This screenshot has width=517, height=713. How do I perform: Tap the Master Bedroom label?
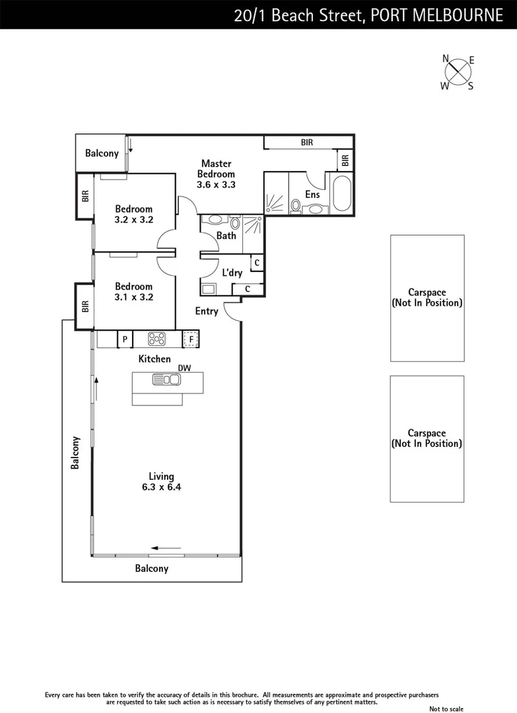click(216, 174)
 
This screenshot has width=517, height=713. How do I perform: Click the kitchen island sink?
click(166, 379)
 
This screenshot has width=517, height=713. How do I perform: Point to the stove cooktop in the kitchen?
click(157, 339)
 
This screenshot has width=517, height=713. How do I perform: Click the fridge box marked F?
click(191, 339)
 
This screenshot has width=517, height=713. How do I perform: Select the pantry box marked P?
click(124, 339)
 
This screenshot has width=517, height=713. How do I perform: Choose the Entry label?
click(206, 311)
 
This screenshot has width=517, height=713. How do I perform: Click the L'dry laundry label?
click(232, 272)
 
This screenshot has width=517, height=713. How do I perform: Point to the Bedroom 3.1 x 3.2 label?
click(133, 292)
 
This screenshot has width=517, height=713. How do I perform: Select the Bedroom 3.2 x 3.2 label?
click(133, 215)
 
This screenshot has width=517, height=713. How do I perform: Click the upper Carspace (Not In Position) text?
click(427, 298)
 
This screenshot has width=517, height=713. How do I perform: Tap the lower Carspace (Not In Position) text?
click(427, 438)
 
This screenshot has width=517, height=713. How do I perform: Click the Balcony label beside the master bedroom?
click(102, 153)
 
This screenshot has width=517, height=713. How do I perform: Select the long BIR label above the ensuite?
click(307, 142)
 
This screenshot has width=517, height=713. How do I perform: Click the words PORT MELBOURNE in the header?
click(436, 15)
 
